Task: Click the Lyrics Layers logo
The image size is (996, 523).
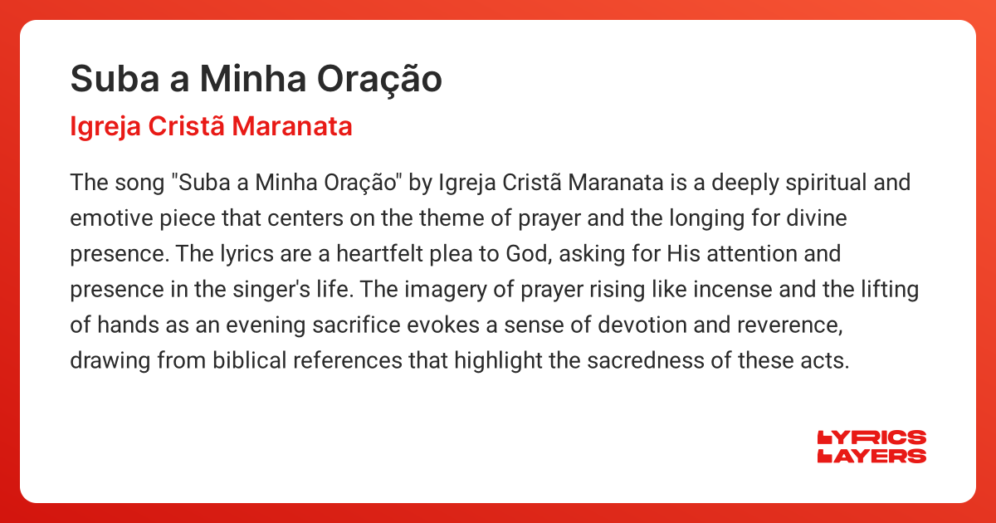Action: point(871,447)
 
